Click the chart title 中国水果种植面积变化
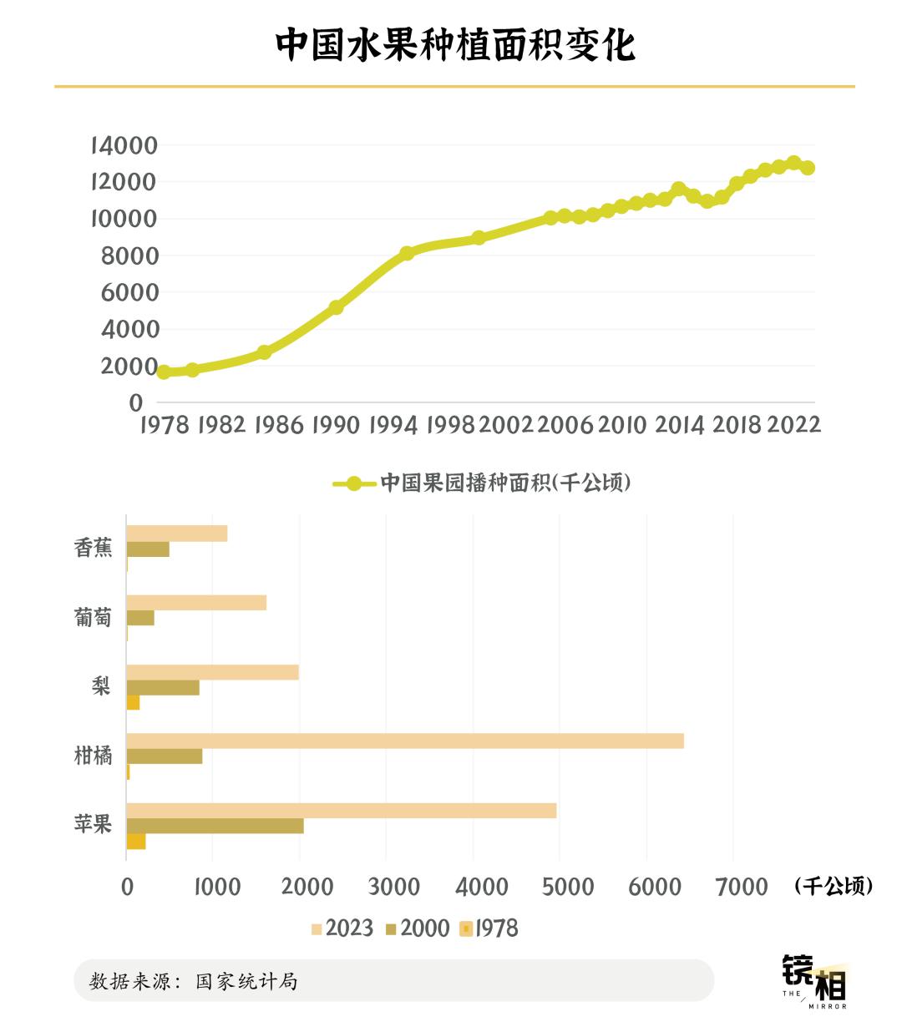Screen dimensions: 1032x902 click(455, 45)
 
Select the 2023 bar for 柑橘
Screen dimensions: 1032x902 click(405, 741)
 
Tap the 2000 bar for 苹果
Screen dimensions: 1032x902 click(215, 826)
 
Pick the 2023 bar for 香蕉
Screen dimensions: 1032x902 click(176, 534)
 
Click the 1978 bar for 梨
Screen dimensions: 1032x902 click(133, 703)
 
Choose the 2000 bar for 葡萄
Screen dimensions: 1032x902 click(140, 618)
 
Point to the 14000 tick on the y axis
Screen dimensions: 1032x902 click(124, 145)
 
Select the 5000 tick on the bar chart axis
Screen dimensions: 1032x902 click(568, 886)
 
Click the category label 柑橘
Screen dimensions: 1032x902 click(93, 756)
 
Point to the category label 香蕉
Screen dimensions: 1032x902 click(93, 549)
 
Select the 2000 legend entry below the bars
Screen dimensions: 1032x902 click(418, 928)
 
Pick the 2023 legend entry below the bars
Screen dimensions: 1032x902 click(342, 928)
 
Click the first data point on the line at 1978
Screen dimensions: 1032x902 click(164, 372)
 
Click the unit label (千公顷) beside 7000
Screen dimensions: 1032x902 click(834, 886)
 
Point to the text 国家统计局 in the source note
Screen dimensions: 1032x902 click(246, 981)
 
